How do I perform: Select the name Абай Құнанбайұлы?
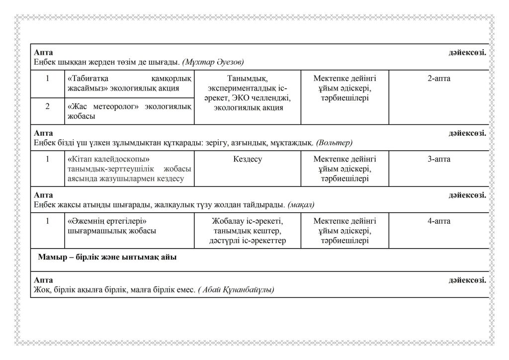(x=236, y=289)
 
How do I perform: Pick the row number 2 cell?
(x=48, y=106)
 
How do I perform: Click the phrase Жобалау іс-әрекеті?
(x=247, y=221)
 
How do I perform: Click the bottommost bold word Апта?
(x=43, y=280)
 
